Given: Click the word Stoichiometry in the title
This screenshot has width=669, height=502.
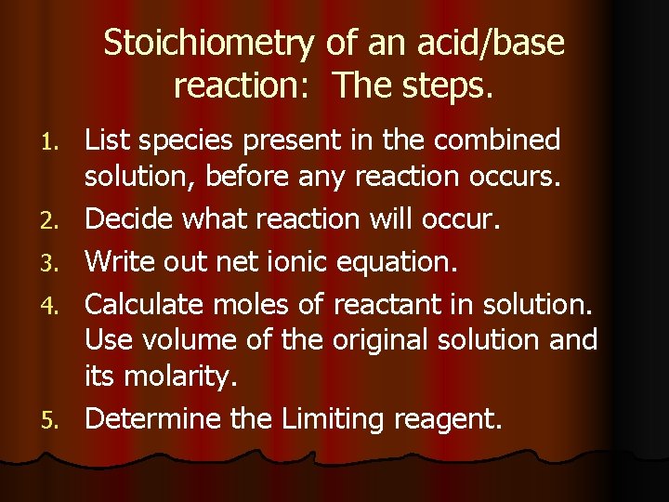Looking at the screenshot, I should [x=210, y=43].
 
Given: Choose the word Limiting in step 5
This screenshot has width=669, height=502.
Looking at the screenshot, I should [x=333, y=420].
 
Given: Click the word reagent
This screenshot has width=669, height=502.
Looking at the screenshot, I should [x=448, y=420].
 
